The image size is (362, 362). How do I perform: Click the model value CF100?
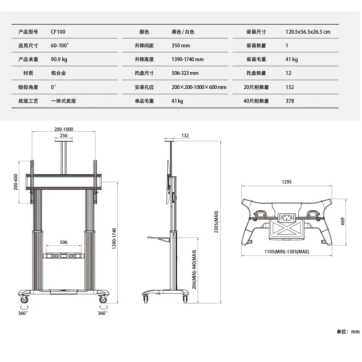tap(58, 31)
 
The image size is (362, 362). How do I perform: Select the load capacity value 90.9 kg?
tap(59, 59)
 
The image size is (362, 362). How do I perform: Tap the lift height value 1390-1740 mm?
tap(188, 59)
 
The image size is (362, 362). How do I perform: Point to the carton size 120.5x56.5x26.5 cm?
tap(308, 31)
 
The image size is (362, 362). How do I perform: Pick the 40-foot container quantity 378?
tap(290, 101)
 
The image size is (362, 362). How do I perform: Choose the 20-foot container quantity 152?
tap(290, 87)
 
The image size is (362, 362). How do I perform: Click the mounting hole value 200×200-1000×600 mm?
tap(199, 87)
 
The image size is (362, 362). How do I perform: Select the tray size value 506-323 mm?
tap(185, 73)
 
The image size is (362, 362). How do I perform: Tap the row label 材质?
tap(28, 73)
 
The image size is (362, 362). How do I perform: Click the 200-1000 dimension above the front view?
tap(63, 129)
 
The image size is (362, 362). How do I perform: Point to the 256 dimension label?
tap(63, 135)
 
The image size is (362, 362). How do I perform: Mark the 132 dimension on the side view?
tap(185, 135)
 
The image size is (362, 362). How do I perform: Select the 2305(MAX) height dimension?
tap(216, 222)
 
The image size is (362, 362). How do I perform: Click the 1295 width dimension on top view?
tap(286, 182)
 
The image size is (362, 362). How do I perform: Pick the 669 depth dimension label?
tap(342, 222)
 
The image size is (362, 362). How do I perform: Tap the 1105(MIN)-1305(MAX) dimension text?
tap(286, 252)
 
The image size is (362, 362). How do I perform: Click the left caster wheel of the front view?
tap(24, 300)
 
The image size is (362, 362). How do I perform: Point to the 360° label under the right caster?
tap(102, 313)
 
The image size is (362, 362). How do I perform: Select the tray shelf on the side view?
tap(159, 239)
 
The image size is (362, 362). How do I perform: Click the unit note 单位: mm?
tap(348, 332)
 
